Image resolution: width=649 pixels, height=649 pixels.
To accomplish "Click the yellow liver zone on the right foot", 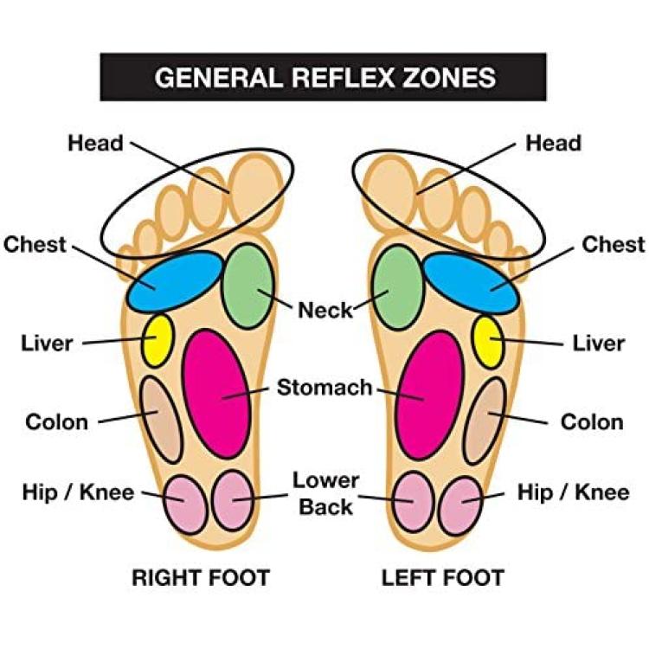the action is point(157,340).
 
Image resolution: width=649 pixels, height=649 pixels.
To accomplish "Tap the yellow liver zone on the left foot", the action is point(489,343).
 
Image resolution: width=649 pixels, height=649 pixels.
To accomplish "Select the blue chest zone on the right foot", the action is point(174,281).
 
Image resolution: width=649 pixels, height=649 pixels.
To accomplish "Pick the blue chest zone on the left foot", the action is point(471,283).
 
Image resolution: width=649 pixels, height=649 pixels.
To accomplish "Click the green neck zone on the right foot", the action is point(247,286).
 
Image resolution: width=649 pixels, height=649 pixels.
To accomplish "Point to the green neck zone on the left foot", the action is point(398,287).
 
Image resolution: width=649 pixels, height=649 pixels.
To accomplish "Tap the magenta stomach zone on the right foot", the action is point(216,394).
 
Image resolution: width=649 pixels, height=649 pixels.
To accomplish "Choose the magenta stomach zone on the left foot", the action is point(430,395).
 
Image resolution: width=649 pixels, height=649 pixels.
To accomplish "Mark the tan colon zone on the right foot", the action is point(162,420).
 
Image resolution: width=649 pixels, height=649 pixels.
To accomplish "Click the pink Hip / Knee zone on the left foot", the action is point(460,506).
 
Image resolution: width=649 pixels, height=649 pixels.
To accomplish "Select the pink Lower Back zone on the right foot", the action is point(233,501).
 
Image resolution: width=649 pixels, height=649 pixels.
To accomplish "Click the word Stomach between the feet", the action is point(324,388).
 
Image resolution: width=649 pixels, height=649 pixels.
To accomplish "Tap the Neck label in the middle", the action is point(325,310).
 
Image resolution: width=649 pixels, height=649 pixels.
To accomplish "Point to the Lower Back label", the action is point(325,494).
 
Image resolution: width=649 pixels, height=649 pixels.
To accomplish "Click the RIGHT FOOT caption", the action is point(201,577).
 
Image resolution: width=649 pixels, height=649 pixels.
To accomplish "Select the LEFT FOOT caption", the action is point(443,578).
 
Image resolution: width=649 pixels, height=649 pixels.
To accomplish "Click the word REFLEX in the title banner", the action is point(343,77).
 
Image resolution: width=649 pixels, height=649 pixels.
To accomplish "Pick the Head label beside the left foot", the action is point(553,143).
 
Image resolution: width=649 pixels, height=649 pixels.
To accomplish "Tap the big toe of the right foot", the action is point(256,190).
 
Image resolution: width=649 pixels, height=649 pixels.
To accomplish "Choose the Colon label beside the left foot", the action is point(592,422).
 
